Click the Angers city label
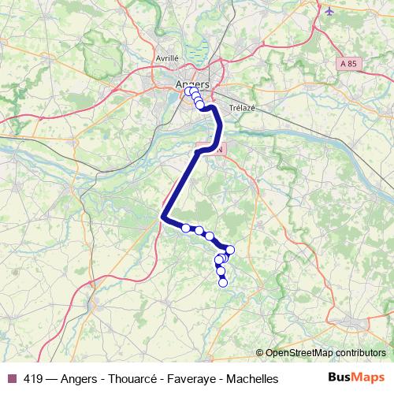coord(192,84)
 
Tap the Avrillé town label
coord(168,58)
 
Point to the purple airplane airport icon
coord(329,11)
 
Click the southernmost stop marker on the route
coord(223,282)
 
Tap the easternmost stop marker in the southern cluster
coord(229,250)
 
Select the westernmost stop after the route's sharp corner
coord(186,228)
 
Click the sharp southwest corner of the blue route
coord(163,217)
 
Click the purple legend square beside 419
coord(12,379)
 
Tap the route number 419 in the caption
coord(34,379)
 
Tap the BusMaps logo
coord(355,378)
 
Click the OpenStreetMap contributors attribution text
coord(325,352)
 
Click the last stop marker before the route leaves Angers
coord(200,105)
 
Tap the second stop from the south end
coord(221,272)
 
